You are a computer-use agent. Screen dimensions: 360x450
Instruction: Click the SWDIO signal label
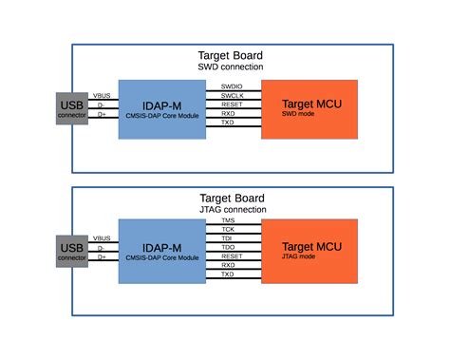click(x=232, y=86)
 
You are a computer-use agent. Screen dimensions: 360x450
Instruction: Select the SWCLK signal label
click(x=232, y=96)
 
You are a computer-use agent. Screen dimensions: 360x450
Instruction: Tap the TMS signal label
click(x=228, y=220)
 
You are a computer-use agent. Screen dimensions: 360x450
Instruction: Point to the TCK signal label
click(x=228, y=230)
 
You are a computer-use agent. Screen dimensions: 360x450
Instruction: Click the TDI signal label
click(x=228, y=238)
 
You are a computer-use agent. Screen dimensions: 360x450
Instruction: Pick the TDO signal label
click(x=228, y=247)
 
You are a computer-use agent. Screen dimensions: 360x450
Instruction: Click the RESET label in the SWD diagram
click(x=232, y=104)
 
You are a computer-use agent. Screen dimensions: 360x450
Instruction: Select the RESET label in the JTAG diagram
click(x=232, y=256)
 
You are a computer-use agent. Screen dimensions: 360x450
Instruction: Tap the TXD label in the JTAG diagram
click(x=228, y=275)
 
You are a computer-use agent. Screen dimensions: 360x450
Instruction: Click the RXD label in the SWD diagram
click(x=229, y=114)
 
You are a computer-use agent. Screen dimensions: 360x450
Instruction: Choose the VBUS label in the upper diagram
click(x=101, y=95)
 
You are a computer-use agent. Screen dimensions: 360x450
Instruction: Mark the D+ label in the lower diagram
click(x=101, y=256)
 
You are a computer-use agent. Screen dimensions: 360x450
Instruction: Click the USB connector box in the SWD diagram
click(x=72, y=109)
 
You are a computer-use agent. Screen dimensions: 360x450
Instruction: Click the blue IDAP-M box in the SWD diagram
click(x=161, y=109)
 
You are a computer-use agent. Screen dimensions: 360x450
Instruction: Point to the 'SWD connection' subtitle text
click(x=231, y=67)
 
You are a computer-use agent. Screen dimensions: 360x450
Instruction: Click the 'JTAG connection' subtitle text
click(x=231, y=209)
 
